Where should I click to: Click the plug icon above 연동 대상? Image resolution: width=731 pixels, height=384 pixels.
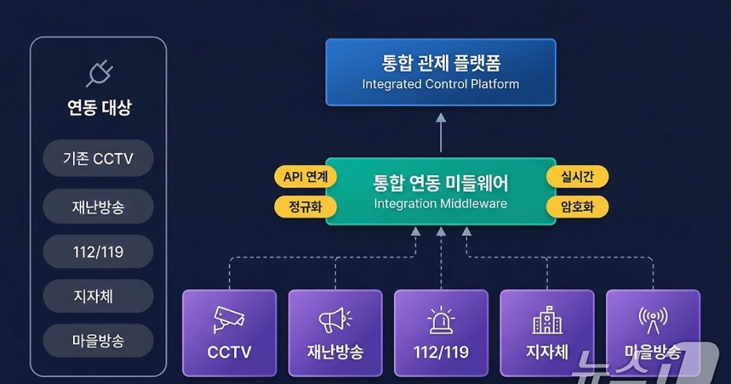pos(98,73)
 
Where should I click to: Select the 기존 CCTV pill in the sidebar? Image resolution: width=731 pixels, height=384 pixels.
pos(98,159)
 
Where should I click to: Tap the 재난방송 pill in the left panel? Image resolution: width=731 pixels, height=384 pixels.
pos(98,207)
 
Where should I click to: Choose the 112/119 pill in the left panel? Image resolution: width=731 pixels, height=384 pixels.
pos(98,251)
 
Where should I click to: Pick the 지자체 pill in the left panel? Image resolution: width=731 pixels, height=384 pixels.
pos(98,296)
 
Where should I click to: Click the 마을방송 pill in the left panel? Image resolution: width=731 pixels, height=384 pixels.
pos(98,341)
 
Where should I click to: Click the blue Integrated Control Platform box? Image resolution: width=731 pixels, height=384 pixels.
pos(440,73)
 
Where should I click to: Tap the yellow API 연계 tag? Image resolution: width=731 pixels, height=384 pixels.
pos(306,177)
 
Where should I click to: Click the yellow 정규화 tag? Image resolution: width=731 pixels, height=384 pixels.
pos(306,207)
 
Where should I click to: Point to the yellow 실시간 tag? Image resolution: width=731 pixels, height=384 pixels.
pos(577,177)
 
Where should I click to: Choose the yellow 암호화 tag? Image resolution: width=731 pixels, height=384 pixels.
pos(577,207)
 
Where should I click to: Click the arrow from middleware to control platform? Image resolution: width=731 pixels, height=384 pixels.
pos(440,132)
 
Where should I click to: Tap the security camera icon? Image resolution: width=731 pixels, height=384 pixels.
pos(229,319)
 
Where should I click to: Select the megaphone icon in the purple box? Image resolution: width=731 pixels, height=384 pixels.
pos(334,320)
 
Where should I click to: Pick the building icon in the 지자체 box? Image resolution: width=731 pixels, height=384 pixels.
pos(547,320)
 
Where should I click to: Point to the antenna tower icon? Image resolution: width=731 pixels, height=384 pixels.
pos(652,320)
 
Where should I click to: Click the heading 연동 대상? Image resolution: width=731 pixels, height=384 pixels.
pos(99,108)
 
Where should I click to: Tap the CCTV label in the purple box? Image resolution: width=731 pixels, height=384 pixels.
pos(229,352)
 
